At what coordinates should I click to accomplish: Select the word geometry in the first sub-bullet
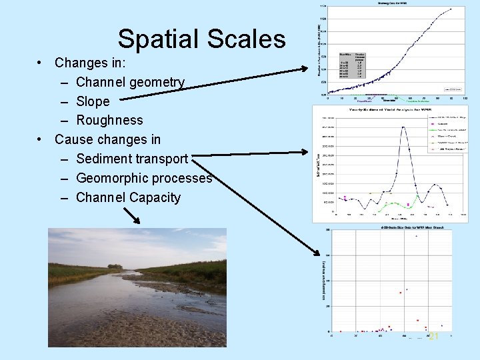point(158,83)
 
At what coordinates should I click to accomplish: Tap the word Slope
point(93,101)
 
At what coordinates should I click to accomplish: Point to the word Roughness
point(109,121)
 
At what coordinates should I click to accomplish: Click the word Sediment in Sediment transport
point(105,159)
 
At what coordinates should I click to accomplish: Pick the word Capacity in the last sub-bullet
point(151,197)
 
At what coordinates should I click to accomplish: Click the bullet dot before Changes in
point(41,63)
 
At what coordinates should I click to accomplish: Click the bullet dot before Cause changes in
point(41,139)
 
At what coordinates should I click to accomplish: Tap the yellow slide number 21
point(434,337)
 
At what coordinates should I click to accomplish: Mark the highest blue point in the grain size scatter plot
point(417,236)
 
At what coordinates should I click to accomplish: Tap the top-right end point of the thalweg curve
point(451,9)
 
